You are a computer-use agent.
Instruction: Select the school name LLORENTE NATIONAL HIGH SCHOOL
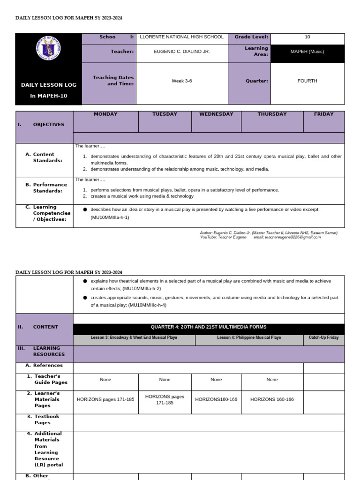coord(182,37)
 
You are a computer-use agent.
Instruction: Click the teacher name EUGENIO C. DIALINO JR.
coord(182,52)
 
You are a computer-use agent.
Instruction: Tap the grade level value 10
coord(307,37)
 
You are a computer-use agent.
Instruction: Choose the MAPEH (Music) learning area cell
coord(307,52)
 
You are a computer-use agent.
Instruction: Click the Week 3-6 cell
coord(182,81)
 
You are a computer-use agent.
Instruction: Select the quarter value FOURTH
coord(307,81)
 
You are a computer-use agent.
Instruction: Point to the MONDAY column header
coord(105,114)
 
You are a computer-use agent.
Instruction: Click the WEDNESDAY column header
coord(216,114)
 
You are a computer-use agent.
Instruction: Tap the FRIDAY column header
coord(324,114)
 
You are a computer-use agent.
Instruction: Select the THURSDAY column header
coord(272,114)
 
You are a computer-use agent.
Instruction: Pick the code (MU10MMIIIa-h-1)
coord(110,217)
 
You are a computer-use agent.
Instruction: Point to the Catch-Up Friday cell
coord(323,337)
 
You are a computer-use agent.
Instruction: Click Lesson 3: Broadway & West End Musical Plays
coord(134,337)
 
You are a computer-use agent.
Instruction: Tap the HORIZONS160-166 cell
coord(216,399)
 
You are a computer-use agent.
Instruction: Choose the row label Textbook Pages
coord(46,420)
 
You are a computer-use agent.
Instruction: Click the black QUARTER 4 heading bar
coord(209,327)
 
